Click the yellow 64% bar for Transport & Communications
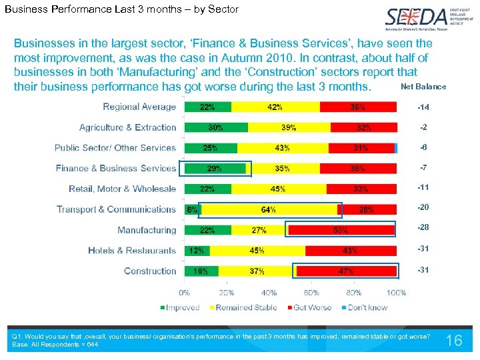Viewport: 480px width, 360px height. coord(269,210)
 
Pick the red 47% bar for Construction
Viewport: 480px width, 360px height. coord(346,271)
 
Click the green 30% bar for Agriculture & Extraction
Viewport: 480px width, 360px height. coord(216,127)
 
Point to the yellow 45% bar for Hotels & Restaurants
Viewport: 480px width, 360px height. coord(257,251)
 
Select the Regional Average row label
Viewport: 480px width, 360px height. coord(139,107)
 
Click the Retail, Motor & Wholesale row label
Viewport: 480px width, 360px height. coord(123,189)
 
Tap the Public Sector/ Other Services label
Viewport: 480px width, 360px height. coord(115,148)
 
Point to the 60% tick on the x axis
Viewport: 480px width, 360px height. coord(311,293)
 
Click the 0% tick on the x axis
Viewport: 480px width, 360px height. coord(184,293)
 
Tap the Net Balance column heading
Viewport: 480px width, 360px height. coord(423,87)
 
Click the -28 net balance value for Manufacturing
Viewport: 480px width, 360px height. coord(423,228)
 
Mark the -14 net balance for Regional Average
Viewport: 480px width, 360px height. coord(423,107)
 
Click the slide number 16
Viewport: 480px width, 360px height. coord(454,341)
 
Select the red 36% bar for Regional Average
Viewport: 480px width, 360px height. coord(359,107)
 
